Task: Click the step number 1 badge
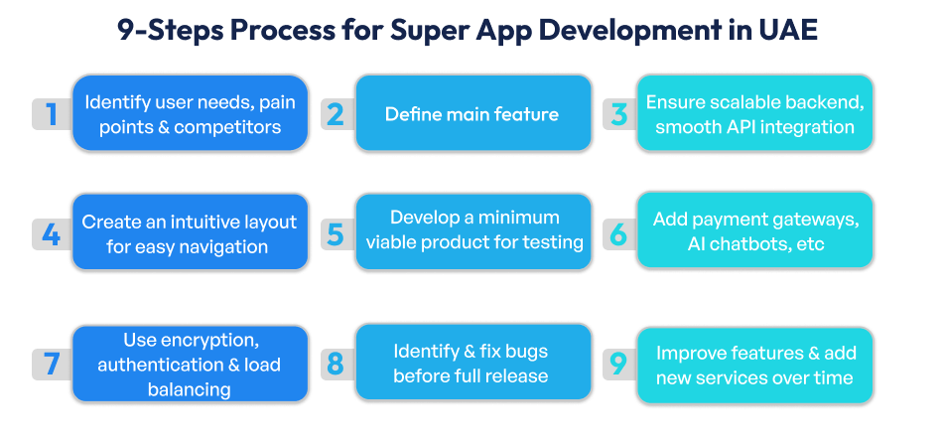pyautogui.click(x=51, y=114)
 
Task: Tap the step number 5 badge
pyautogui.click(x=336, y=234)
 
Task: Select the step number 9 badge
pyautogui.click(x=618, y=365)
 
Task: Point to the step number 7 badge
pyautogui.click(x=51, y=365)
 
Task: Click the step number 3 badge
pyautogui.click(x=618, y=114)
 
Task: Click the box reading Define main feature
pyautogui.click(x=471, y=114)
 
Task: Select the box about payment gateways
pyautogui.click(x=754, y=231)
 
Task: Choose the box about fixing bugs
pyautogui.click(x=471, y=363)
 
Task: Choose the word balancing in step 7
pyautogui.click(x=189, y=389)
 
